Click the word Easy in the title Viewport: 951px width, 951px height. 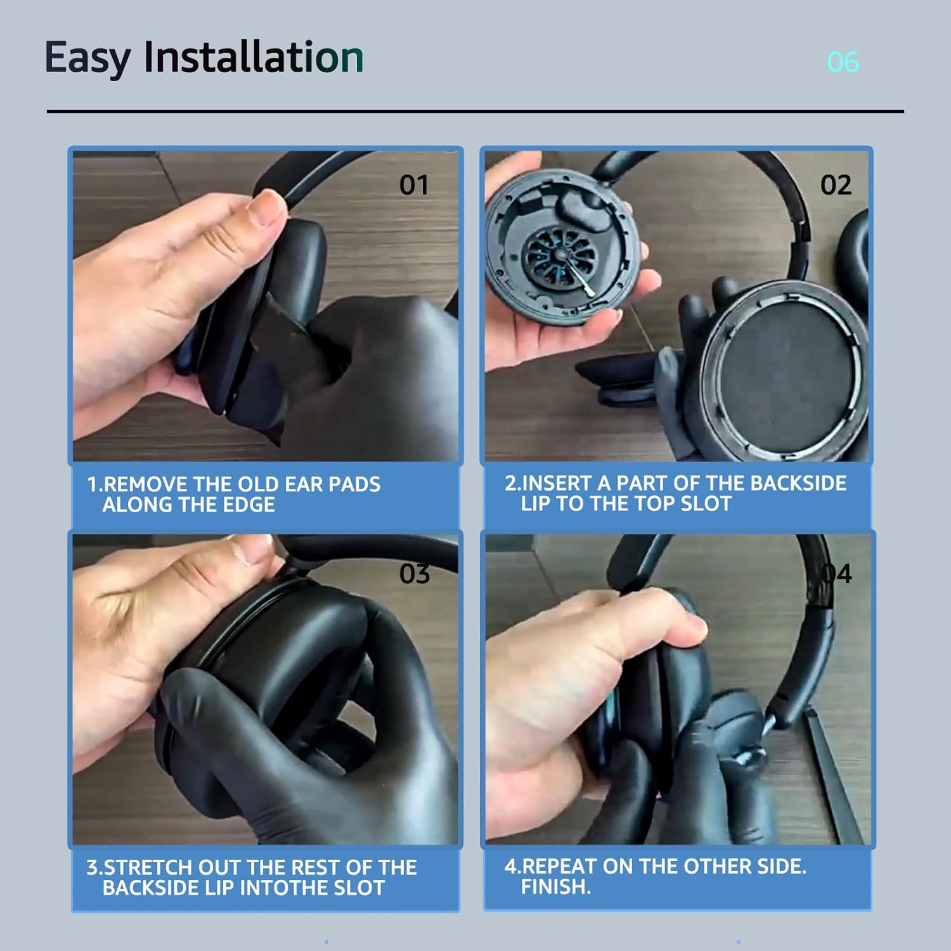click(x=87, y=58)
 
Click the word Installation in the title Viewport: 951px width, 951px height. click(x=254, y=57)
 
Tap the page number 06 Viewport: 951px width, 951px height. click(x=843, y=62)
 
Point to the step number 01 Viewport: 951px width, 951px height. click(x=414, y=185)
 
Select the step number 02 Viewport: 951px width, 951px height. click(x=836, y=185)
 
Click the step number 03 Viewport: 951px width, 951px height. click(x=415, y=574)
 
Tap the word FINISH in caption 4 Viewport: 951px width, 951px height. click(x=553, y=886)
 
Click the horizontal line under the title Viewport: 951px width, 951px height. click(x=475, y=112)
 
